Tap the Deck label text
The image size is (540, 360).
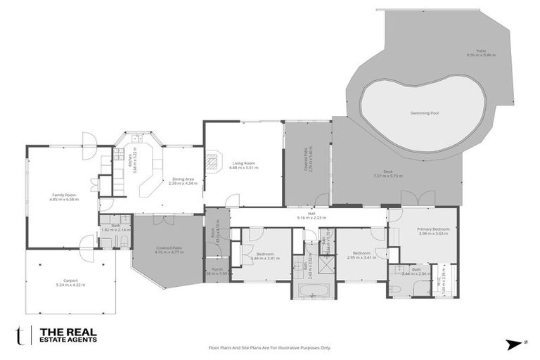tap(387, 172)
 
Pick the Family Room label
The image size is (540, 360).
tap(63, 195)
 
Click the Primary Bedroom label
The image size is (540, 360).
tap(432, 229)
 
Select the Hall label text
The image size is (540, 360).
tap(311, 214)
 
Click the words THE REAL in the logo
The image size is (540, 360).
tap(67, 332)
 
